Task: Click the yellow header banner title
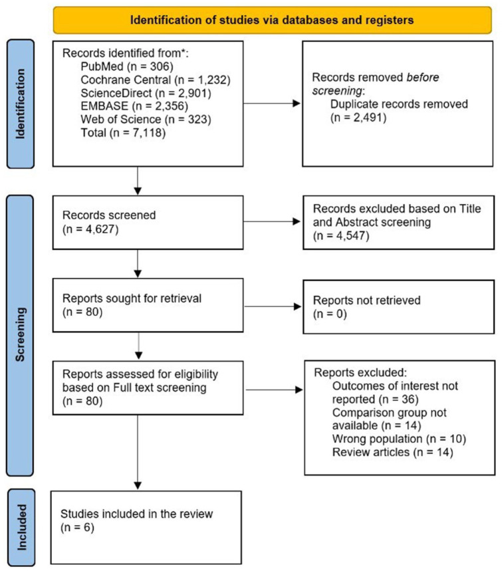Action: tap(272, 20)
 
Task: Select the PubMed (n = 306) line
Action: tap(127, 66)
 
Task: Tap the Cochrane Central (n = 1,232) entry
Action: tap(156, 79)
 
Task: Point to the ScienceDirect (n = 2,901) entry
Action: tap(146, 93)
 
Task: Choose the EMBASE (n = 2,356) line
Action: tap(134, 106)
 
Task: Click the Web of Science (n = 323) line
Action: tap(146, 119)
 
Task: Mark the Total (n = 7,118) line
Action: tap(123, 132)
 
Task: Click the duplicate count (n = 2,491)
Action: tap(358, 118)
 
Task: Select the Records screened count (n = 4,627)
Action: tap(90, 229)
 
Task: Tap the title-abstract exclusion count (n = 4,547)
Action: tap(341, 235)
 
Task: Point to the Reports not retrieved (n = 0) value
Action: tap(330, 314)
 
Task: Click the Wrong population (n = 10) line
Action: tap(399, 439)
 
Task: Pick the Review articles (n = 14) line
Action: tap(392, 452)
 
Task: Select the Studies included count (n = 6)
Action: tap(77, 527)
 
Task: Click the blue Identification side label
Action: tap(21, 104)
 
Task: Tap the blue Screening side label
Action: tap(20, 336)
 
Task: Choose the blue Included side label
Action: tap(21, 527)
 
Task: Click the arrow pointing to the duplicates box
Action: tap(272, 104)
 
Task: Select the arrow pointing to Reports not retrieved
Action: tap(273, 306)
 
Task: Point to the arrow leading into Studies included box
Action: tap(138, 452)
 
